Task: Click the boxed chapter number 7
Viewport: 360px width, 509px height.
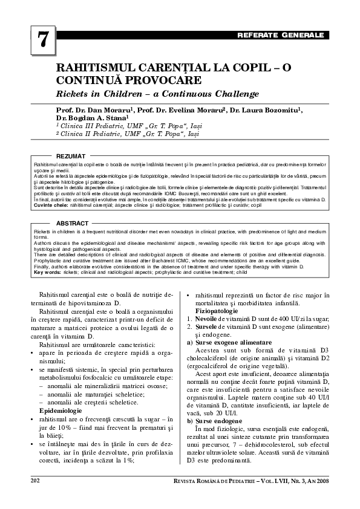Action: tap(42, 39)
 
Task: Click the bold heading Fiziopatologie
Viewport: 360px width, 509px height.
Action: tap(220, 310)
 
